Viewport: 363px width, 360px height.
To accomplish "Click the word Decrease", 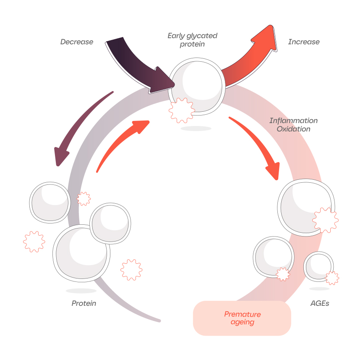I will (76, 42).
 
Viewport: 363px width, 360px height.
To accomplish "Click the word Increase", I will (303, 42).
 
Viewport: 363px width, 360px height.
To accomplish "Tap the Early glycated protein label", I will (192, 40).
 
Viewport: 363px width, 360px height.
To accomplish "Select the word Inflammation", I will (293, 121).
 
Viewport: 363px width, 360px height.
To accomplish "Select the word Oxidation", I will (293, 129).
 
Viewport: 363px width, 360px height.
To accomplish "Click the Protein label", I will (84, 303).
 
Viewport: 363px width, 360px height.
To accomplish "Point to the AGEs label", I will (319, 303).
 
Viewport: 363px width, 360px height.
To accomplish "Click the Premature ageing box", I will (242, 318).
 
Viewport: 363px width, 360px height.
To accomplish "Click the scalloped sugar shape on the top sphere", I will (182, 110).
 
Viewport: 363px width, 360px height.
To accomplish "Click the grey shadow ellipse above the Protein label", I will (81, 291).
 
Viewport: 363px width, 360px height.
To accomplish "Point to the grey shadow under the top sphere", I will (196, 129).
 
